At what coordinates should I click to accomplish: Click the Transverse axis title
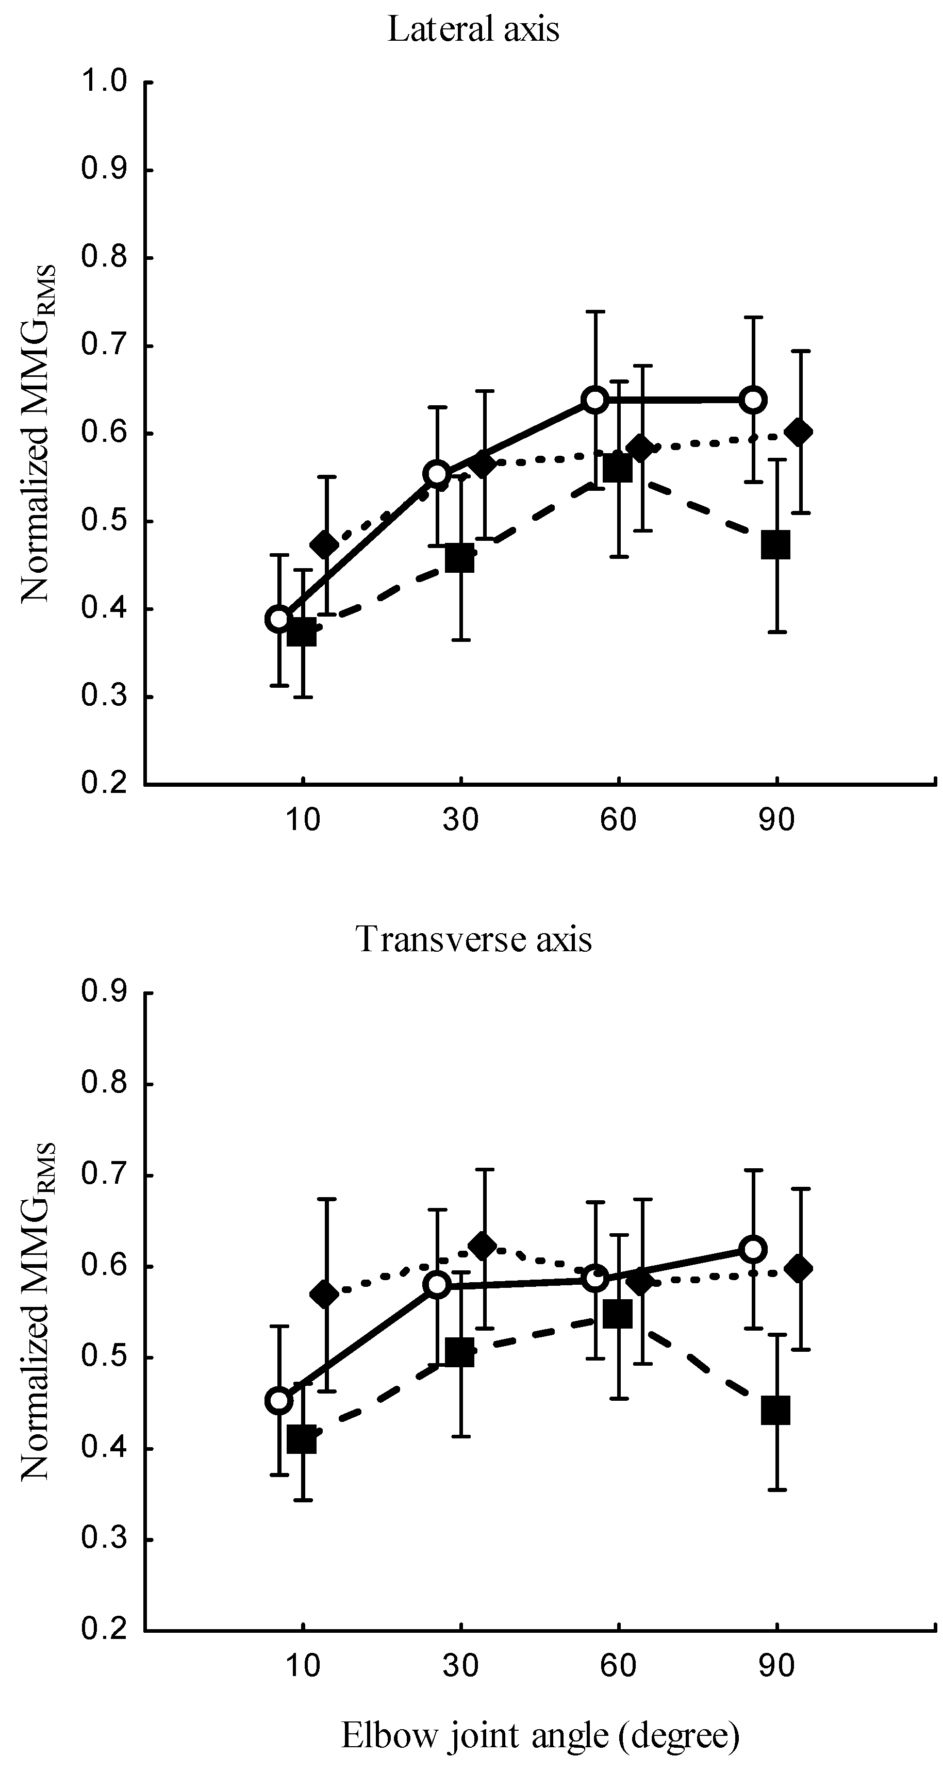[474, 939]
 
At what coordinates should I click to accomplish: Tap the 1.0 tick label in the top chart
[104, 82]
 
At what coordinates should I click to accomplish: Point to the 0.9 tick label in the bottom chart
[104, 992]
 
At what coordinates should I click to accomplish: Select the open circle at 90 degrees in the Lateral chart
[754, 399]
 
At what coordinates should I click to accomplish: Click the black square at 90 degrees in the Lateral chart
[776, 545]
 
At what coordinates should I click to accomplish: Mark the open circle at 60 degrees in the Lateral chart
[595, 399]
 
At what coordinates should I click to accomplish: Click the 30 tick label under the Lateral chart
[460, 820]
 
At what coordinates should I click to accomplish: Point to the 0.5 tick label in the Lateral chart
[104, 521]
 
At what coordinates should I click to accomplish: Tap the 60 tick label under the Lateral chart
[618, 820]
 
